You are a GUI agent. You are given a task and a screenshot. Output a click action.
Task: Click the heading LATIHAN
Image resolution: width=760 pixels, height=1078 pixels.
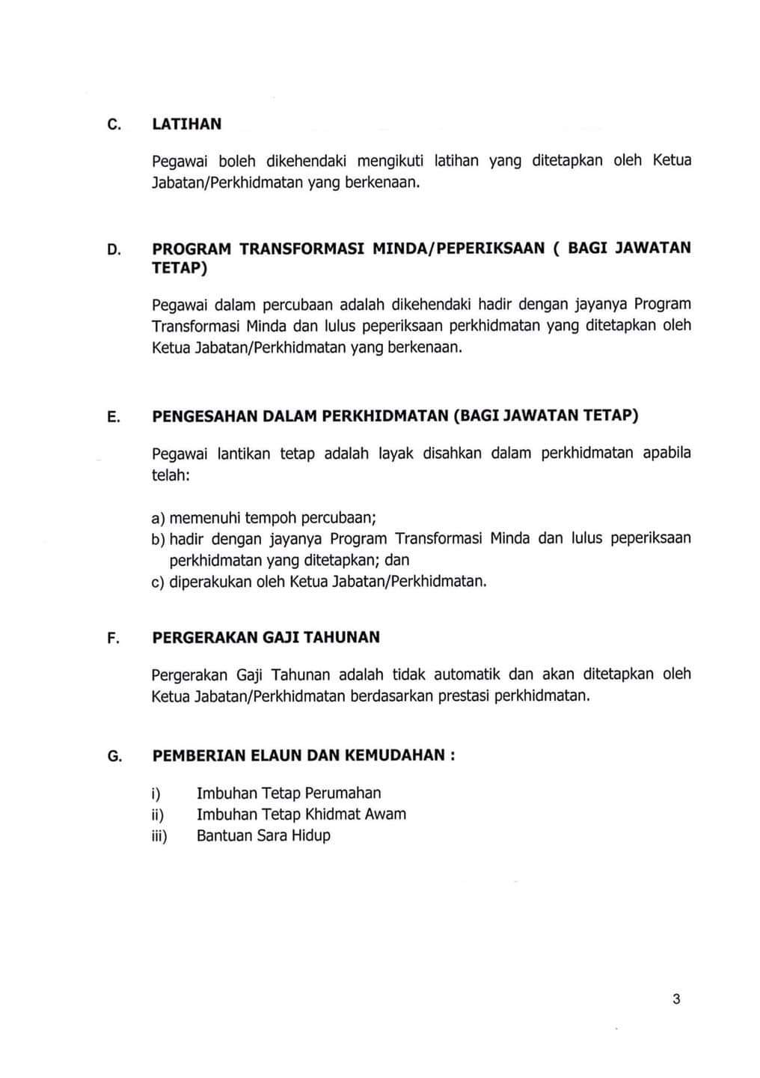point(186,124)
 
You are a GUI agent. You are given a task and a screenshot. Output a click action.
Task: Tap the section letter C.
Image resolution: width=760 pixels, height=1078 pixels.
point(114,125)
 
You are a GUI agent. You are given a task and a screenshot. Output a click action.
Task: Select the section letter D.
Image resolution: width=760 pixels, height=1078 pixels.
point(114,249)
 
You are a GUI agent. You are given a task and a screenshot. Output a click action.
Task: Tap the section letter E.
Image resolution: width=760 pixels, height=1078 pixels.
point(114,417)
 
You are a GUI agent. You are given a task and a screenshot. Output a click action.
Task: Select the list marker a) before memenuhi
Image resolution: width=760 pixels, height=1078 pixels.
point(158,518)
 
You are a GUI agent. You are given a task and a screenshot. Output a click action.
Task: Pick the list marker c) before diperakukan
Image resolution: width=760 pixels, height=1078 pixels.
point(158,582)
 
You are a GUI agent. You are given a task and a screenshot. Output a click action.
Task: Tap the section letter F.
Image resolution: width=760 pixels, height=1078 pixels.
point(114,639)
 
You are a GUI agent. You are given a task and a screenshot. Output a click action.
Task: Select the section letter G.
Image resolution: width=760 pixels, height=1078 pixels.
point(114,756)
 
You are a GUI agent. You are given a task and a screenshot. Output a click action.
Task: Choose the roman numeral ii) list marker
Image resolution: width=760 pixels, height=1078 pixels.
point(157,815)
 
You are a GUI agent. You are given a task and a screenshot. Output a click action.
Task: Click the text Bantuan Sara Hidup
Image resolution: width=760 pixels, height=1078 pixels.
point(263,836)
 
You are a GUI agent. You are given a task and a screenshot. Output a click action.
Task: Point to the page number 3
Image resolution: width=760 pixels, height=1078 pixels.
point(676,999)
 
